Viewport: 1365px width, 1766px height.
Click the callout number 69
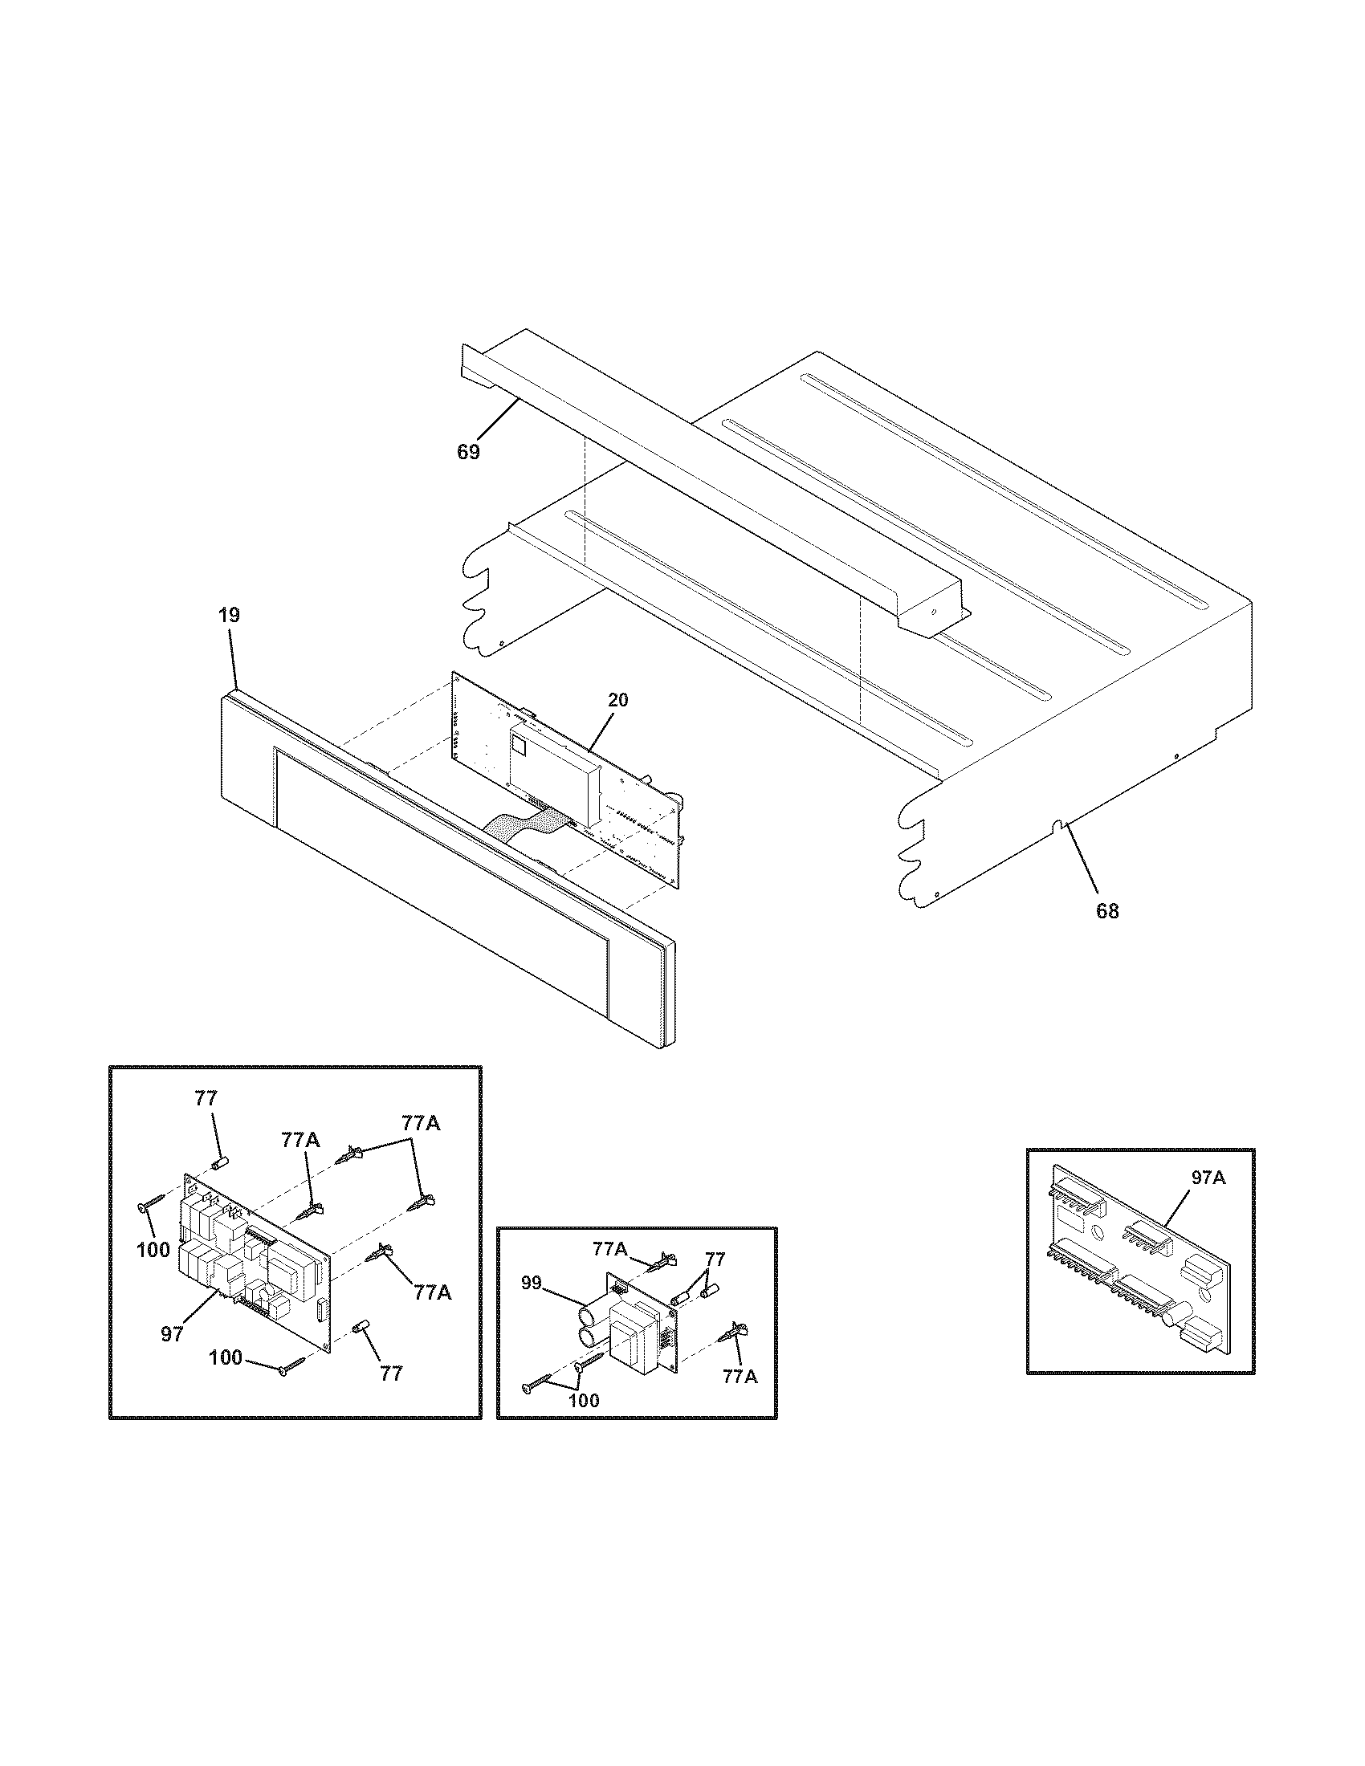pyautogui.click(x=468, y=452)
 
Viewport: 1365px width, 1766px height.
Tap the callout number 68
pyautogui.click(x=1107, y=911)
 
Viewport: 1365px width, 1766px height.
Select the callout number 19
pyautogui.click(x=229, y=615)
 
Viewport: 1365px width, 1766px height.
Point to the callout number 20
pyautogui.click(x=617, y=700)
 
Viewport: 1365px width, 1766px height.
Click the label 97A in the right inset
pyautogui.click(x=1208, y=1178)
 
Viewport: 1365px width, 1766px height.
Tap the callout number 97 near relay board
pyautogui.click(x=172, y=1334)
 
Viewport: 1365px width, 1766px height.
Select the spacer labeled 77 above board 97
pyautogui.click(x=218, y=1164)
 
